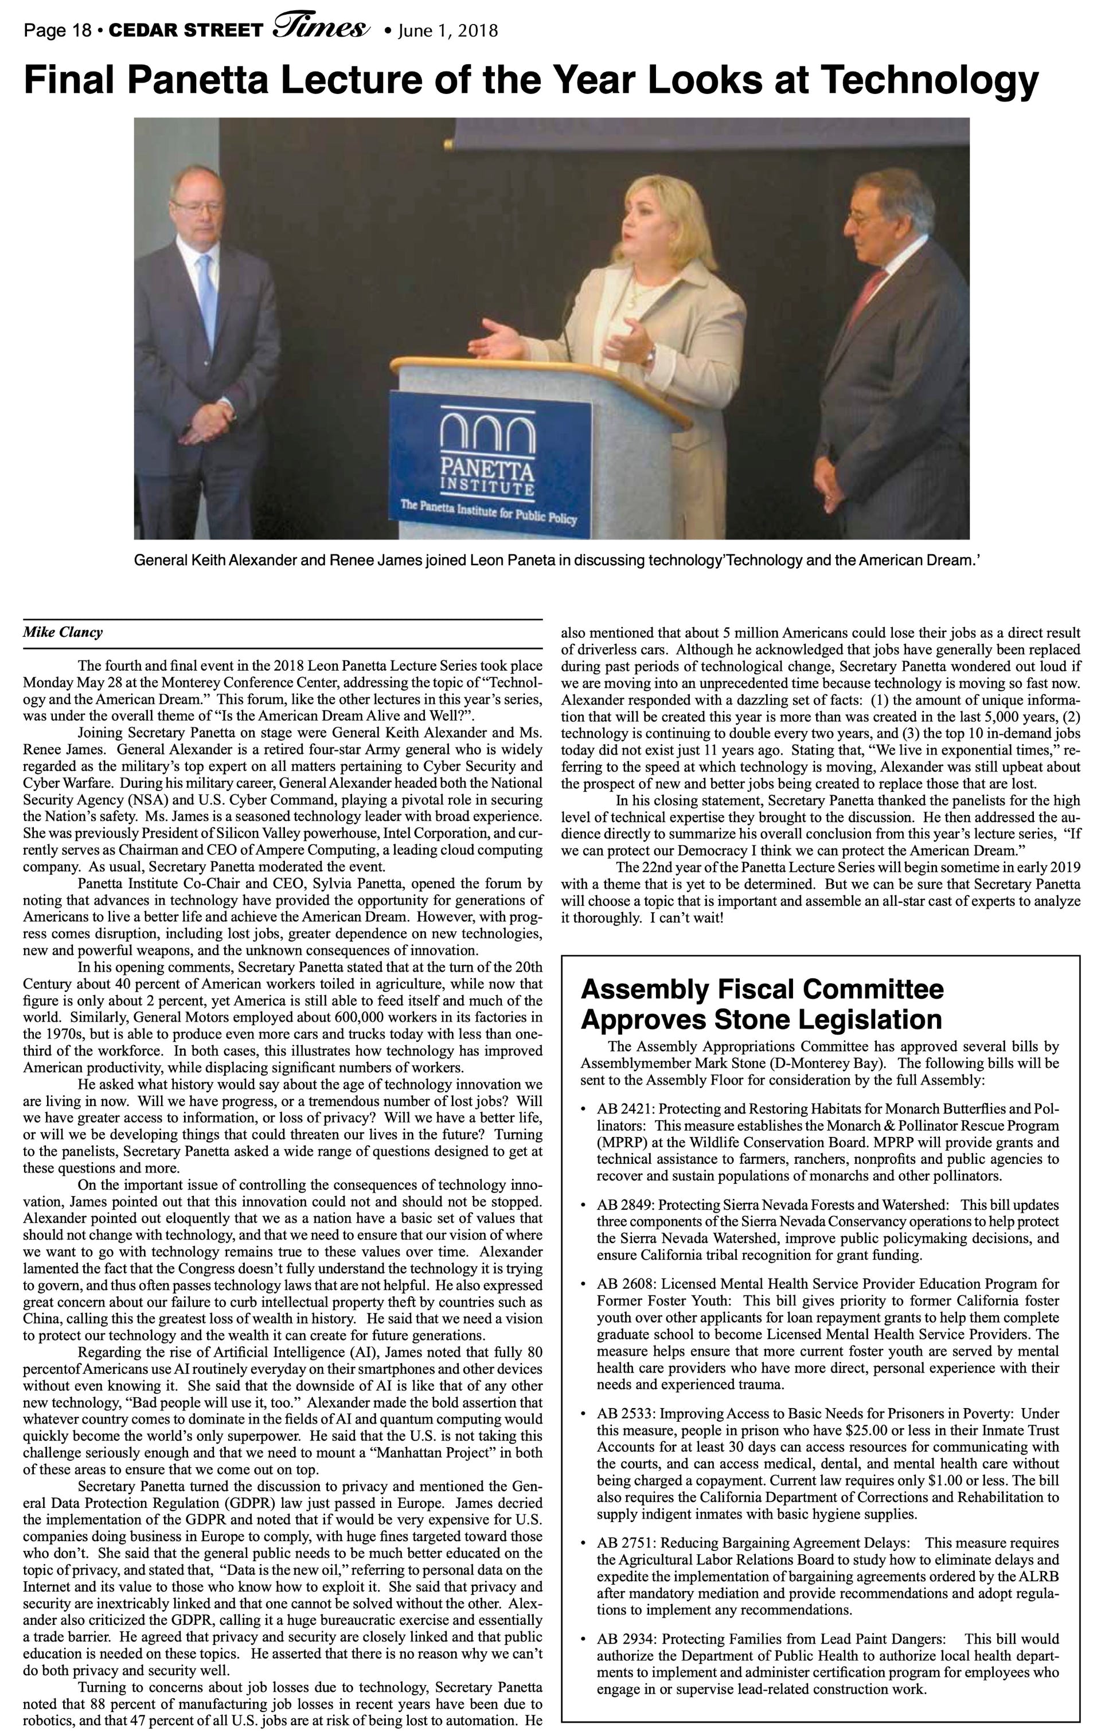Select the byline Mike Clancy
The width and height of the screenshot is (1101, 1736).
click(x=63, y=633)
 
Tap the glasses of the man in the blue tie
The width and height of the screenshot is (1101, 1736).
click(x=196, y=207)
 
